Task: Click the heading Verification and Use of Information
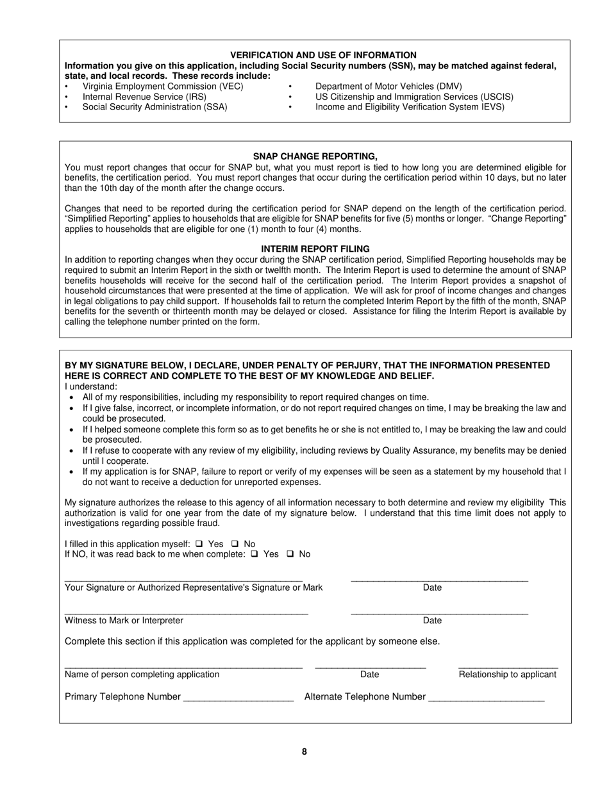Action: point(323,55)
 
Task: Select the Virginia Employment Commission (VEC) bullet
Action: point(163,86)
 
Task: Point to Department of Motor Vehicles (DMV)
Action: point(388,86)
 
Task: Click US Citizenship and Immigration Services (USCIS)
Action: point(414,97)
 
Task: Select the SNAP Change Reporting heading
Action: point(315,156)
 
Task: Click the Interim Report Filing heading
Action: point(315,249)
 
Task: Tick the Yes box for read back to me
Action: point(254,554)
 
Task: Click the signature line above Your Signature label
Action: point(183,579)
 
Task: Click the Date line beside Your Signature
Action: point(439,579)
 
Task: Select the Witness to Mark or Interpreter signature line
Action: point(186,612)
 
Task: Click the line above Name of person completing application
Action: point(183,666)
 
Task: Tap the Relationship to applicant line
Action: point(508,666)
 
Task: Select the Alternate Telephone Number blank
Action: point(486,700)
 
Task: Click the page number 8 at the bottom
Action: point(304,752)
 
